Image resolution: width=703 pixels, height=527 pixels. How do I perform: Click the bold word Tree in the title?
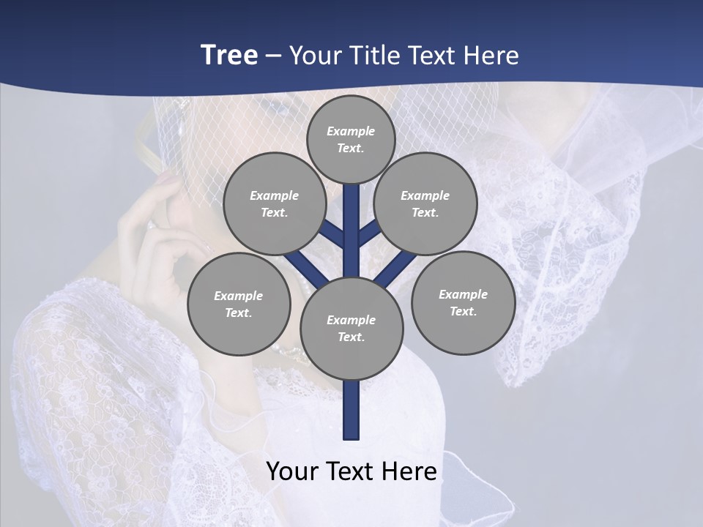(229, 55)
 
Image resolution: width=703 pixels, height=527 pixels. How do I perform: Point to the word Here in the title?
(492, 55)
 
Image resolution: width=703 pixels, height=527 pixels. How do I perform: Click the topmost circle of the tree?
(351, 139)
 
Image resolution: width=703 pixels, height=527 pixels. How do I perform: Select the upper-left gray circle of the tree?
(275, 203)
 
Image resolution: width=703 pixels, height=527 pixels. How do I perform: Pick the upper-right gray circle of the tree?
(425, 203)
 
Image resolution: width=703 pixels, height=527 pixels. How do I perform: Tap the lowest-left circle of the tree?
(239, 304)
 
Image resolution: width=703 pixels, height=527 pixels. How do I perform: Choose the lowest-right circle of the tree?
(463, 302)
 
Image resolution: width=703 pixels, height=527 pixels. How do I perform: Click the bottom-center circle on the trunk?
(351, 329)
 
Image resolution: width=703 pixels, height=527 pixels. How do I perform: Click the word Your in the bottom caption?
(293, 471)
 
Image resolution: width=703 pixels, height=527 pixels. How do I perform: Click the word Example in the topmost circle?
(351, 132)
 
